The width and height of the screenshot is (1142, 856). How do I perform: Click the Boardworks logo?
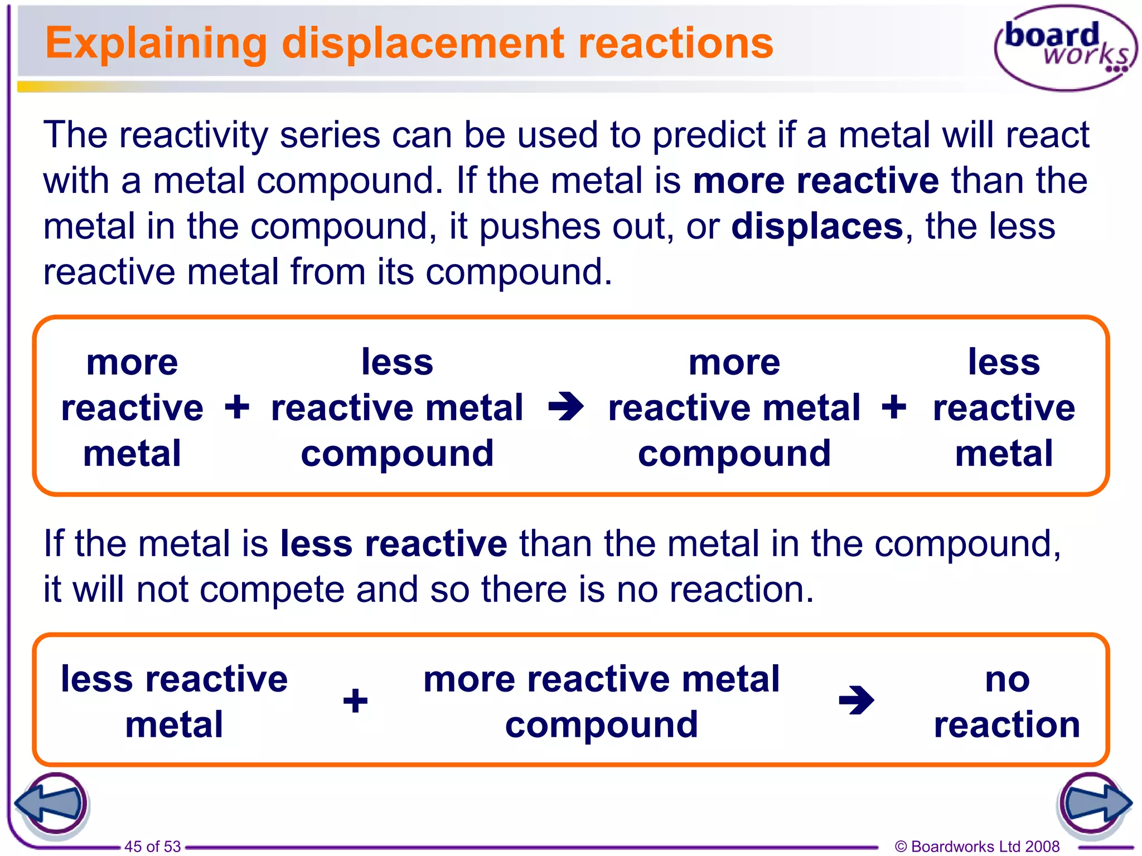(x=1066, y=48)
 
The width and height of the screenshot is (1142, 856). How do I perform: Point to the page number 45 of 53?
(x=152, y=846)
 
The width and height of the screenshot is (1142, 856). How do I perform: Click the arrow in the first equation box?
(x=565, y=407)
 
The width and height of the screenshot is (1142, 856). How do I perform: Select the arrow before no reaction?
(x=856, y=701)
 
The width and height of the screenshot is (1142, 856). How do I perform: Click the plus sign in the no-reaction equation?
(x=355, y=701)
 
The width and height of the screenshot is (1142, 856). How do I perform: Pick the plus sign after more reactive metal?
(x=237, y=407)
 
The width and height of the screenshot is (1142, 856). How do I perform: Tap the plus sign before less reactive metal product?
(x=894, y=407)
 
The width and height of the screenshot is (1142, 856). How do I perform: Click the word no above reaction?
(x=1007, y=679)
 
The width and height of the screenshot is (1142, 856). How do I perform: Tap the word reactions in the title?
(x=676, y=43)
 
